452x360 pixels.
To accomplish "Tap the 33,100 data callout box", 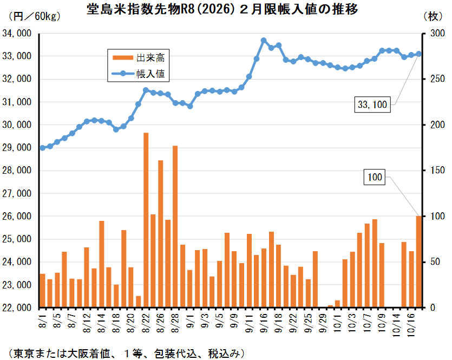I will pyautogui.click(x=372, y=104).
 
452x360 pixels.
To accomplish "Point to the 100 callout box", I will pyautogui.click(x=375, y=177).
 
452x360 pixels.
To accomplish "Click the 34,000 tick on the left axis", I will pyautogui.click(x=17, y=34).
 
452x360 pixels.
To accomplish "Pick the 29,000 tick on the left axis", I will pyautogui.click(x=17, y=148).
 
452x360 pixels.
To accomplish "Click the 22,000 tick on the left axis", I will pyautogui.click(x=17, y=307).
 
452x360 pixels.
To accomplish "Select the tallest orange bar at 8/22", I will pyautogui.click(x=146, y=217).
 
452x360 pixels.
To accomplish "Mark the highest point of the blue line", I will pyautogui.click(x=264, y=41).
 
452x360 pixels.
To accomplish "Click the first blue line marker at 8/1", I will pyautogui.click(x=42, y=148).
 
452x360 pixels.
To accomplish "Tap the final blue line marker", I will pyautogui.click(x=418, y=54).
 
